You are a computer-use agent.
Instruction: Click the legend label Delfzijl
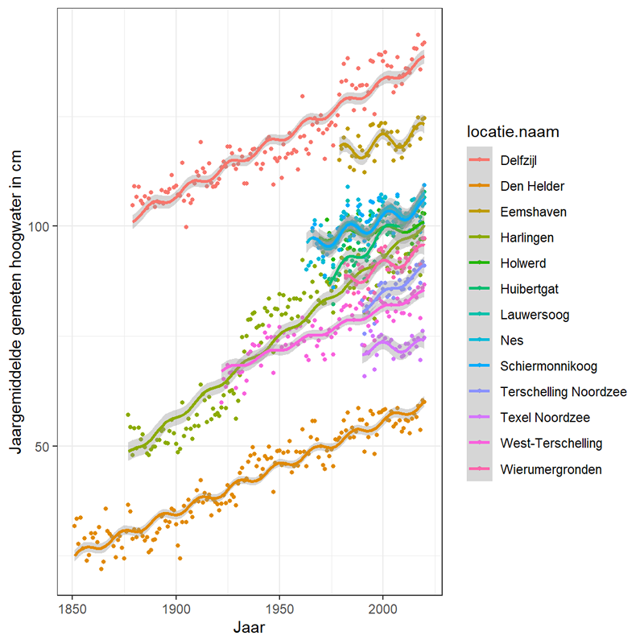(519, 160)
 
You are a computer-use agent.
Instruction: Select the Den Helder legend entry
(532, 186)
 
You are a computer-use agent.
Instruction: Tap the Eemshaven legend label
(530, 212)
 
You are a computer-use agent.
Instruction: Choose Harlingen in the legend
(527, 237)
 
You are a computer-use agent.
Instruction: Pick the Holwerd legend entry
(524, 263)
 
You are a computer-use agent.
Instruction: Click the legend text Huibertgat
(529, 289)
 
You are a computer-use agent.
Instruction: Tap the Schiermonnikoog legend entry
(548, 366)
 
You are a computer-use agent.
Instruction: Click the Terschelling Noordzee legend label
(563, 392)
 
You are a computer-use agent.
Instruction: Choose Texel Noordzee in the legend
(545, 418)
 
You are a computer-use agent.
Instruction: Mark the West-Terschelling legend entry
(551, 444)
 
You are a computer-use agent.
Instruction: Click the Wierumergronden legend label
(551, 469)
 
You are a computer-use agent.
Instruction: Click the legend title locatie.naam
(513, 130)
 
